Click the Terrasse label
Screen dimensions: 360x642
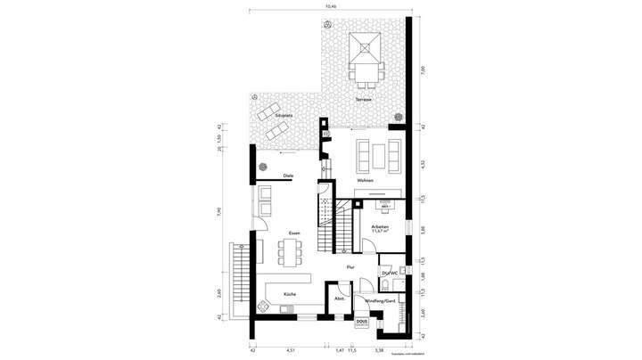363,99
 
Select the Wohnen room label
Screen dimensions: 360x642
366,181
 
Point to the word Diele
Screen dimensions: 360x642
288,176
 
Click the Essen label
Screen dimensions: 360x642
293,233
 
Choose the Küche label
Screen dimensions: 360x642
290,293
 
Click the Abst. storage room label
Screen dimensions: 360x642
339,299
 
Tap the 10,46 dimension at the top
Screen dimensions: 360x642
331,6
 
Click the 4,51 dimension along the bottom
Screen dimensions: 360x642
290,350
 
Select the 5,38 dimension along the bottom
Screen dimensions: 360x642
379,350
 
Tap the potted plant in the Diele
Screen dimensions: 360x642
263,167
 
